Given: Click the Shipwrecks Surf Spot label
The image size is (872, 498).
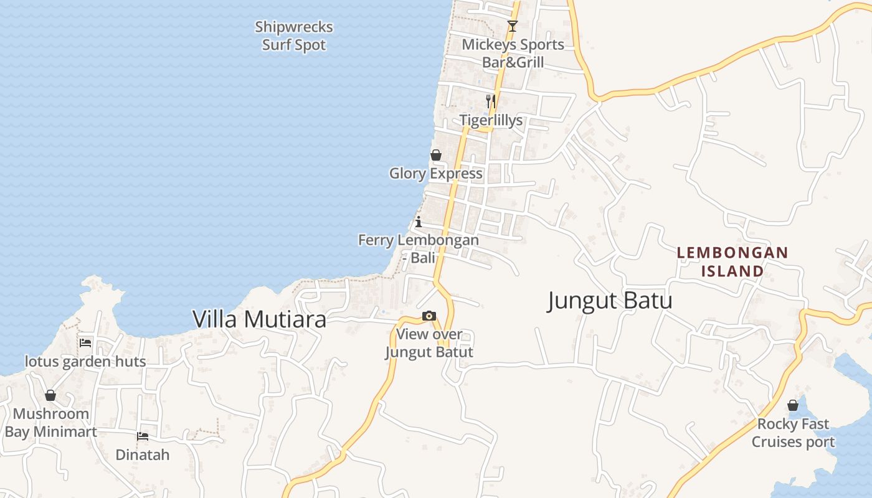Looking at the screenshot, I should pyautogui.click(x=294, y=36).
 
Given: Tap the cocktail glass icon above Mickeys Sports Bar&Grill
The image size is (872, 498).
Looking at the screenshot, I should pyautogui.click(x=512, y=26).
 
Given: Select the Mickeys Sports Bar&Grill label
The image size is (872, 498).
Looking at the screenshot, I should pyautogui.click(x=513, y=54).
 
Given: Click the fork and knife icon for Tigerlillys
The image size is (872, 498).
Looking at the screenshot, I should pyautogui.click(x=491, y=101).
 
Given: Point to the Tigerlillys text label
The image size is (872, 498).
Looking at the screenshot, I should pyautogui.click(x=491, y=120).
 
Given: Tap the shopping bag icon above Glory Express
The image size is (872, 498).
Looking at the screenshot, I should pyautogui.click(x=436, y=155).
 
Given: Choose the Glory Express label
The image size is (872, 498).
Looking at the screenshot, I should pyautogui.click(x=436, y=174).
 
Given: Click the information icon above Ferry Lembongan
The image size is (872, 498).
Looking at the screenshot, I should pyautogui.click(x=419, y=222).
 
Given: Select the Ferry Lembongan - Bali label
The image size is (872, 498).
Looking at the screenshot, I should pyautogui.click(x=419, y=248).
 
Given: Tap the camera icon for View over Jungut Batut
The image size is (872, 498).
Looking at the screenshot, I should pyautogui.click(x=429, y=316).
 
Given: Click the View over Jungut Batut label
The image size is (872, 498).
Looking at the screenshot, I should pyautogui.click(x=429, y=343).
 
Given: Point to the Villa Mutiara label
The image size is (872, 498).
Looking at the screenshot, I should pyautogui.click(x=259, y=319).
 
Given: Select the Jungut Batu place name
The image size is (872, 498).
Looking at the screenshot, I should pyautogui.click(x=610, y=301).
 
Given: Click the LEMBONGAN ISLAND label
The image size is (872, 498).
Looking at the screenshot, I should pyautogui.click(x=732, y=262).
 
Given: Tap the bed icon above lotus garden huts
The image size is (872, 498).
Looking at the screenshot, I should pyautogui.click(x=85, y=343).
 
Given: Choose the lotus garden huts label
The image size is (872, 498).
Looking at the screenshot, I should pyautogui.click(x=85, y=362).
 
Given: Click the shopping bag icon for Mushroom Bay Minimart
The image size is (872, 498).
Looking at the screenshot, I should pyautogui.click(x=50, y=395).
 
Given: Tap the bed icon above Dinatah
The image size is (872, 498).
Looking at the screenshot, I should pyautogui.click(x=143, y=436).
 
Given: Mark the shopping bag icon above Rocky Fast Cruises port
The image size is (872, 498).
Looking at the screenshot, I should pyautogui.click(x=792, y=405).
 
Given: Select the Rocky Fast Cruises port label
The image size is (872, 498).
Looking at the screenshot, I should pyautogui.click(x=793, y=433).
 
